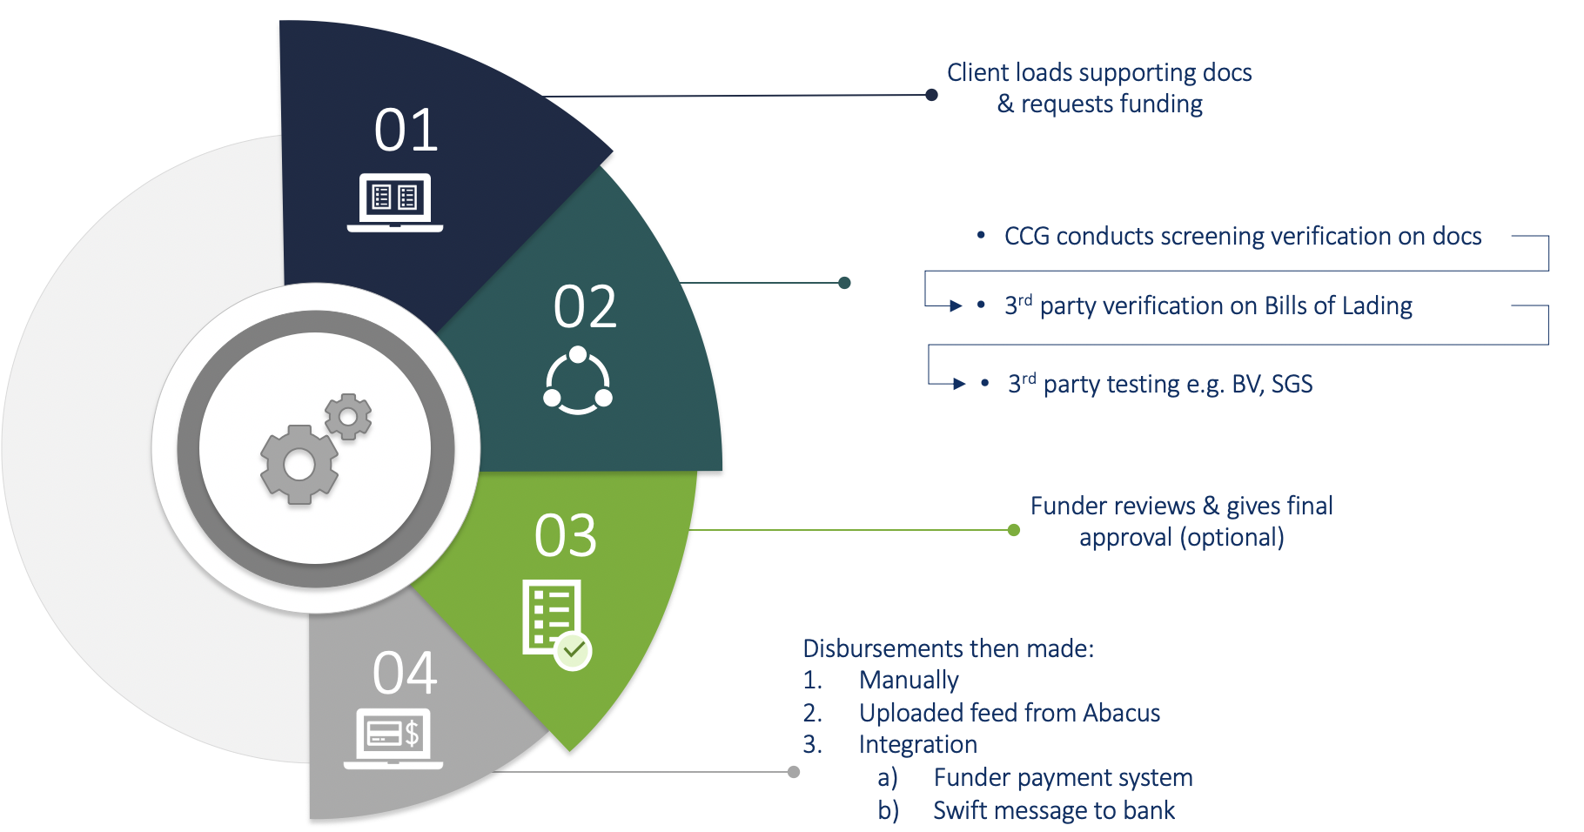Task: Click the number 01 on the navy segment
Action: (406, 131)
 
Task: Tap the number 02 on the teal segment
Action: (585, 306)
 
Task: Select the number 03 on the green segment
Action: (566, 535)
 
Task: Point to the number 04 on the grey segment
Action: (405, 673)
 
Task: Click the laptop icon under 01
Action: (395, 203)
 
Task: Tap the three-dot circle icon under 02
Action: (578, 381)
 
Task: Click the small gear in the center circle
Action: (348, 417)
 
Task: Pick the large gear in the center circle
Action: (299, 465)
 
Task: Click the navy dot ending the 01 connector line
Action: (931, 95)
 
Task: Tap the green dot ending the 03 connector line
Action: (1013, 530)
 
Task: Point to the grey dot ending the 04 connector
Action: (794, 772)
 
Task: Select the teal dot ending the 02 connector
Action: (844, 283)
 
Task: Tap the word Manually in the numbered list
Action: (909, 681)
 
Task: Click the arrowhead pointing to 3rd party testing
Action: (959, 384)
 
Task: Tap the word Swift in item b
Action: (961, 811)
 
